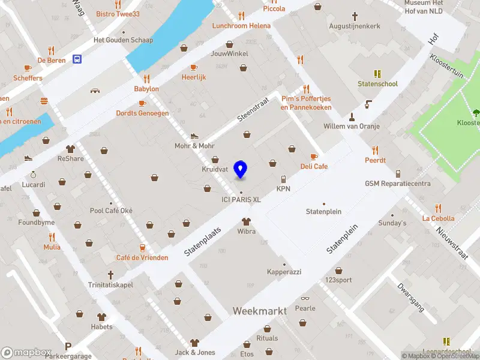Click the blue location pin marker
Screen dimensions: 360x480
point(241,169)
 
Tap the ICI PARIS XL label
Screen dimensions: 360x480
point(241,200)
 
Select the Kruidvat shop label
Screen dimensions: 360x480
point(214,170)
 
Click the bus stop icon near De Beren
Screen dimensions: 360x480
point(77,59)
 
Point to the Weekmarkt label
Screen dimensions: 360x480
point(259,311)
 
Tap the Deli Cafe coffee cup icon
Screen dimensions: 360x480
point(313,157)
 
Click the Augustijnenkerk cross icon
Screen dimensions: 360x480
point(355,16)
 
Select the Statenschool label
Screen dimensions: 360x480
point(377,84)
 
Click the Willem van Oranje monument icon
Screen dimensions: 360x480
point(352,116)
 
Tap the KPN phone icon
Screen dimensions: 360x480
point(283,179)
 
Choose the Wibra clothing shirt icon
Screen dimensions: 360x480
point(245,221)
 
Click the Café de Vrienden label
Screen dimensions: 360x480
point(142,257)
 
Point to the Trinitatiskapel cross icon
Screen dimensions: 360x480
point(110,274)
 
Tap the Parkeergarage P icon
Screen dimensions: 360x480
point(68,346)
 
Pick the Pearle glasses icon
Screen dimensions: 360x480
point(305,299)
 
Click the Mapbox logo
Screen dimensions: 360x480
point(25,352)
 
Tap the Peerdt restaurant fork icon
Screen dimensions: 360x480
point(376,150)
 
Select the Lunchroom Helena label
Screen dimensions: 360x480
point(241,26)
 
